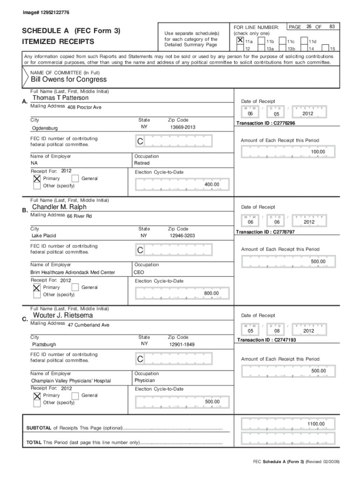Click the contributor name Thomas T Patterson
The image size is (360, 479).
60,98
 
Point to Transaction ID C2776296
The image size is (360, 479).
265,123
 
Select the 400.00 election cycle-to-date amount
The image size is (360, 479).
212,185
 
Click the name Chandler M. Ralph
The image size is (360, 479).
59,207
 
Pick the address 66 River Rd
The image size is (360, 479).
79,216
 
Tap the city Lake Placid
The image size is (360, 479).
43,236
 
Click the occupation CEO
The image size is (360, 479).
139,272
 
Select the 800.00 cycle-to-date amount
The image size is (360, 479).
211,293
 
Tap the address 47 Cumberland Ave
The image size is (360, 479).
88,325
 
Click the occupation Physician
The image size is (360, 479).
144,381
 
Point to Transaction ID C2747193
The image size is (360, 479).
266,340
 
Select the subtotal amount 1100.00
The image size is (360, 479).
316,424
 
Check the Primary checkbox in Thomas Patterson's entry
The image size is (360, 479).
37,179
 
